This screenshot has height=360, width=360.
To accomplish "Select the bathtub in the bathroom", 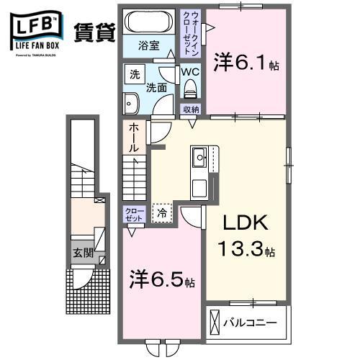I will coord(148,21).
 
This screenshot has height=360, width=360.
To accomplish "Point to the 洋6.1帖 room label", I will coord(245,64).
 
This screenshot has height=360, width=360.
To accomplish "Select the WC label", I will coord(189,73).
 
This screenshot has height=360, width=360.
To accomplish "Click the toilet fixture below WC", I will coord(191,90).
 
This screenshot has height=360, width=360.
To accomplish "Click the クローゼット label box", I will coord(134,214).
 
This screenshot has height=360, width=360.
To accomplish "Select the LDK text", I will coord(245,224).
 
